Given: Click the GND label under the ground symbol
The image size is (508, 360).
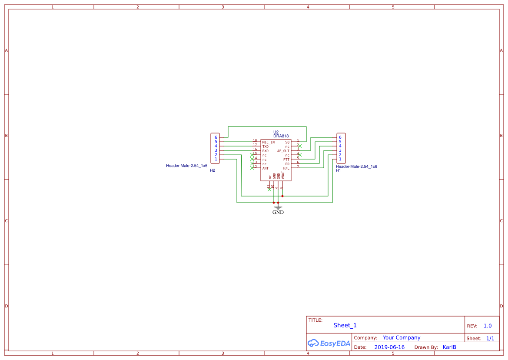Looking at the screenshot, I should click(278, 212).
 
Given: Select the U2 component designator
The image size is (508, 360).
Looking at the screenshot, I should click(276, 132).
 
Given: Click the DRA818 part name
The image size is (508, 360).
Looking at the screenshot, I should click(281, 136).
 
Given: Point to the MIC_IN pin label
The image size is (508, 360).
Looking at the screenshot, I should click(268, 142).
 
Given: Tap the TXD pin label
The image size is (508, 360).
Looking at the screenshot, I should click(265, 147).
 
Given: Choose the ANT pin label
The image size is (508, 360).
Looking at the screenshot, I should click(265, 168).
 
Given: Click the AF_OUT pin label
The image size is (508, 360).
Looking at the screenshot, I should click(283, 151).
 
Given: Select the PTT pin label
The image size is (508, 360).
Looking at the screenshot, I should click(286, 160).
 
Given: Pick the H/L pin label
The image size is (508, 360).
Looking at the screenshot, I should click(286, 168).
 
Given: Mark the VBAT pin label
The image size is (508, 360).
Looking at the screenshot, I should click(283, 176).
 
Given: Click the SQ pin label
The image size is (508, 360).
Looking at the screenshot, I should click(287, 142).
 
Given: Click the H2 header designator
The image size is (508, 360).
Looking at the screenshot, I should click(212, 170).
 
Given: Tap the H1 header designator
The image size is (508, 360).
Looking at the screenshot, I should click(339, 170).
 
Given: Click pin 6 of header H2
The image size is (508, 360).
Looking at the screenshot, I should click(216, 137).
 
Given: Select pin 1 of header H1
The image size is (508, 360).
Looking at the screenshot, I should click(340, 159).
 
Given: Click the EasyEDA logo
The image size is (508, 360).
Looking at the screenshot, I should click(329, 343).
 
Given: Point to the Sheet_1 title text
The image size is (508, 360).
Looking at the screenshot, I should click(345, 325).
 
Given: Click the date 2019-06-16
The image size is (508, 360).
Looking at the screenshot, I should click(389, 347).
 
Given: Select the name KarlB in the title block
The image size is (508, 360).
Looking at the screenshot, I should click(449, 347).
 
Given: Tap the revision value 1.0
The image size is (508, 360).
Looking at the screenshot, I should click(488, 326).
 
